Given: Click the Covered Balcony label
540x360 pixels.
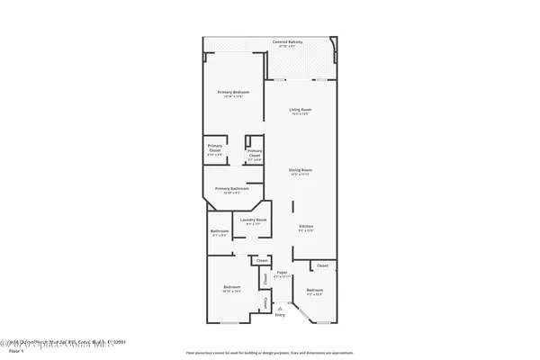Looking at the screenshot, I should coord(287,41).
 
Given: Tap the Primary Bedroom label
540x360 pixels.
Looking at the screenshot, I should coord(233,93).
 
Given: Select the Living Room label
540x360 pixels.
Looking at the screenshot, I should coord(300,110).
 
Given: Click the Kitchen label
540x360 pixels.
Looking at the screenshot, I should coord(305,226).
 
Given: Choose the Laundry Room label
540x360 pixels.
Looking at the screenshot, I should coord(251,220).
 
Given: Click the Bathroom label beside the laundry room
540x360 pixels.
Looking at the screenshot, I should coord(220,231).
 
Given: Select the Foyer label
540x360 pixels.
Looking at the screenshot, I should coord(282,271).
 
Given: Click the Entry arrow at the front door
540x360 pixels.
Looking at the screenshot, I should coord(280,307).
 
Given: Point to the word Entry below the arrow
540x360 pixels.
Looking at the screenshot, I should coord(280,315).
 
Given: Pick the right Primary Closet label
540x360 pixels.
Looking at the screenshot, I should coord(255,153).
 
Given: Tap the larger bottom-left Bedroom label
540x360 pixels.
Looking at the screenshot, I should coord(231,288).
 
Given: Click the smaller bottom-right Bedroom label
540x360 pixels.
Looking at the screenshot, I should coord(313,289).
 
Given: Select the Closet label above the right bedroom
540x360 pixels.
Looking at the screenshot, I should coord(322,265).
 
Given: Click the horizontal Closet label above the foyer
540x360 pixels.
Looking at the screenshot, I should coord(262,260).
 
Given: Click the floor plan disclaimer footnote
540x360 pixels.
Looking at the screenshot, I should coord(269,352).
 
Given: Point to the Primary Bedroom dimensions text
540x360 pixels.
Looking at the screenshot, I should coord(233,97).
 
